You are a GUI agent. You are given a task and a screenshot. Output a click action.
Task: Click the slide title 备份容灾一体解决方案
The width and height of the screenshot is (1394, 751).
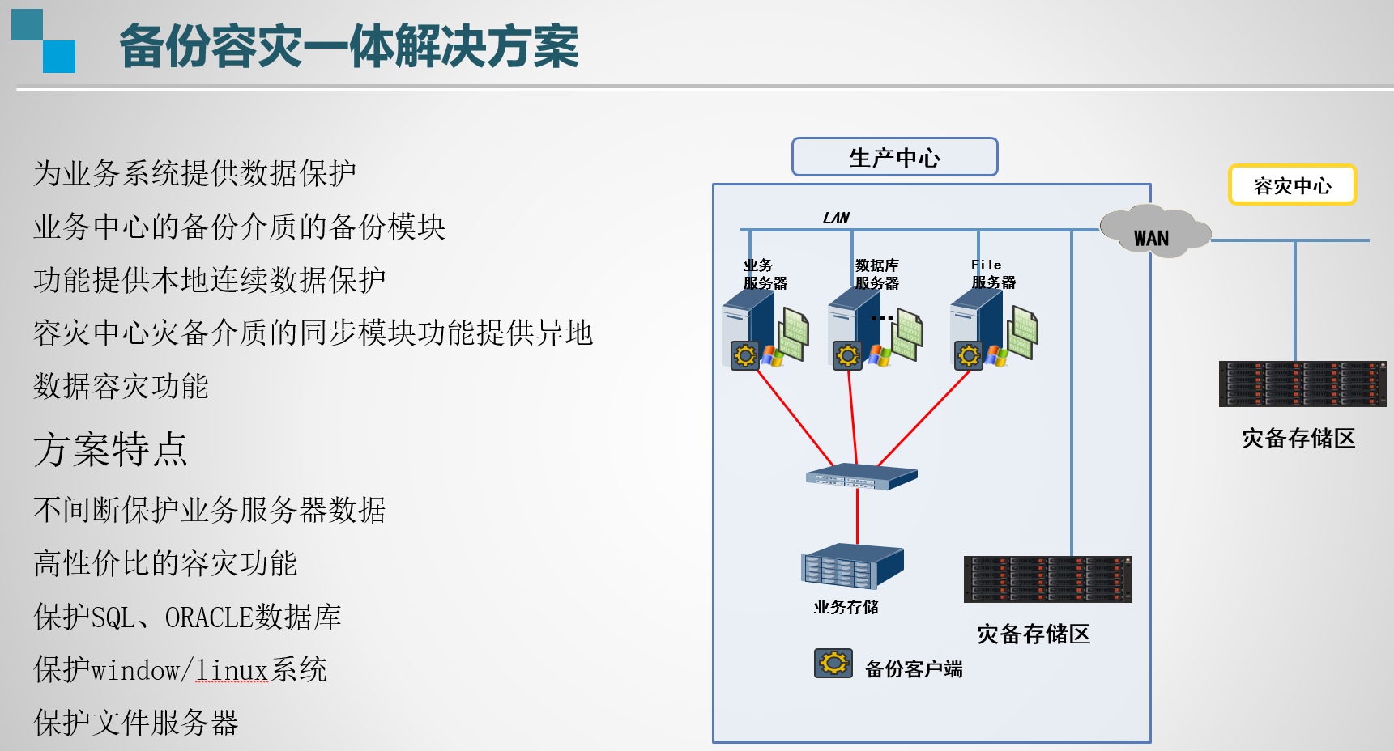click(x=348, y=47)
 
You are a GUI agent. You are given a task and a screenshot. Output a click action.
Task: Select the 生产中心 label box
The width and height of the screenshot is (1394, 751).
click(x=894, y=157)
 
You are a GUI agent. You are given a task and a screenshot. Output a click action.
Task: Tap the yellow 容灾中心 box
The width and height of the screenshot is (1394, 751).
click(x=1292, y=185)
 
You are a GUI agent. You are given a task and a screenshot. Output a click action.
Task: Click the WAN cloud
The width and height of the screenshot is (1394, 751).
click(x=1153, y=234)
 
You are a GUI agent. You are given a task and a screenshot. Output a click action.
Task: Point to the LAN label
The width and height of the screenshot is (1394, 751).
click(x=836, y=218)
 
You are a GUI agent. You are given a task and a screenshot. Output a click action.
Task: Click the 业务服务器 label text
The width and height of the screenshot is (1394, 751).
click(x=765, y=274)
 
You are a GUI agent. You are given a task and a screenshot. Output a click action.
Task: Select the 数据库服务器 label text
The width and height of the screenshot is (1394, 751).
click(x=876, y=274)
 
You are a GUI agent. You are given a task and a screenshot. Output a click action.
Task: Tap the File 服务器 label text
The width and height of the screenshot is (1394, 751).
click(x=993, y=274)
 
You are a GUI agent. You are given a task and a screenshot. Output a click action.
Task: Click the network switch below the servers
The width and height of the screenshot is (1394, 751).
click(x=861, y=477)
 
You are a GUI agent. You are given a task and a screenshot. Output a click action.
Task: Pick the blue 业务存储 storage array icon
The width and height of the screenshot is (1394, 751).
click(x=851, y=565)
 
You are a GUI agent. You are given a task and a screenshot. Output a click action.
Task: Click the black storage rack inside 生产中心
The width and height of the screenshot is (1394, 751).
click(x=1047, y=579)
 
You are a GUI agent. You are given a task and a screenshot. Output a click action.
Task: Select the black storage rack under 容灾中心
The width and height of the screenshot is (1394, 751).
click(x=1302, y=384)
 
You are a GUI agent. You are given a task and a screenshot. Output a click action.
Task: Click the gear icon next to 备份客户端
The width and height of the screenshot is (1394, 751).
click(x=833, y=664)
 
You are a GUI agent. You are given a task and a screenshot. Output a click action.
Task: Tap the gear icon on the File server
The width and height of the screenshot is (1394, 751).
click(x=968, y=356)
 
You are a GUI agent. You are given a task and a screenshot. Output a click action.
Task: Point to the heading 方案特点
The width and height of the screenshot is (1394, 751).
click(x=110, y=450)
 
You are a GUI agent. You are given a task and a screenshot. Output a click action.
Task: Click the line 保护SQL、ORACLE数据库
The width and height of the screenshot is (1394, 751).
click(x=187, y=617)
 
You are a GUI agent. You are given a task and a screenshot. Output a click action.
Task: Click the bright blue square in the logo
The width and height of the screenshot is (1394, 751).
click(x=58, y=57)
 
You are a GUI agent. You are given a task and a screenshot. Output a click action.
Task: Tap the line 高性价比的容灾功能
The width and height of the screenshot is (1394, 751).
click(x=165, y=564)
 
